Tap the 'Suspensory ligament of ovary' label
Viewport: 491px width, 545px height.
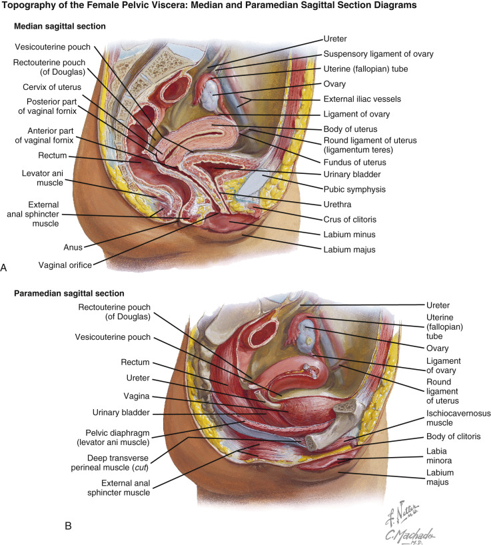[378, 54]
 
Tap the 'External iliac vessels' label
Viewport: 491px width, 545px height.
[372, 99]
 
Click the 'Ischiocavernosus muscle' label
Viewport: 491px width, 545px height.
[458, 418]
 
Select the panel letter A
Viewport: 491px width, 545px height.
[5, 267]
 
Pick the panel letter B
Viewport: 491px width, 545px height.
[68, 526]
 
